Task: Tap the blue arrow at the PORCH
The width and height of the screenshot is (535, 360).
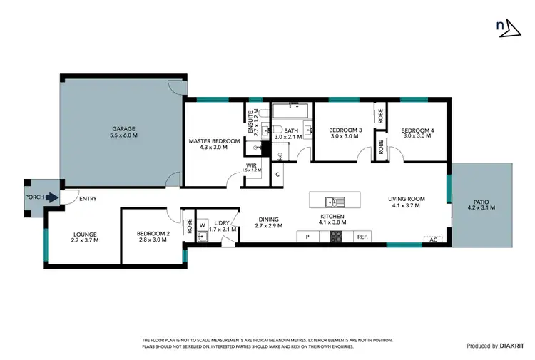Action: click(51, 199)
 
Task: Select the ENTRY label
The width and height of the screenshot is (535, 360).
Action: click(88, 199)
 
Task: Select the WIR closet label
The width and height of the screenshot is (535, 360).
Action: click(251, 167)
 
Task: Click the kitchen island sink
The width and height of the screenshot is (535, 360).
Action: click(333, 200)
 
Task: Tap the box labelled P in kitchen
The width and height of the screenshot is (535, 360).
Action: click(307, 237)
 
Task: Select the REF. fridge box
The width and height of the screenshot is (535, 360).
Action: click(362, 237)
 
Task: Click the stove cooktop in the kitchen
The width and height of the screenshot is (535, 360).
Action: click(335, 237)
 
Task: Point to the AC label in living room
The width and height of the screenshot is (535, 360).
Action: click(432, 240)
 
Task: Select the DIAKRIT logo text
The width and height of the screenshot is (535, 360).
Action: click(513, 346)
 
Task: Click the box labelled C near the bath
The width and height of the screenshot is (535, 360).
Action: click(277, 173)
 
